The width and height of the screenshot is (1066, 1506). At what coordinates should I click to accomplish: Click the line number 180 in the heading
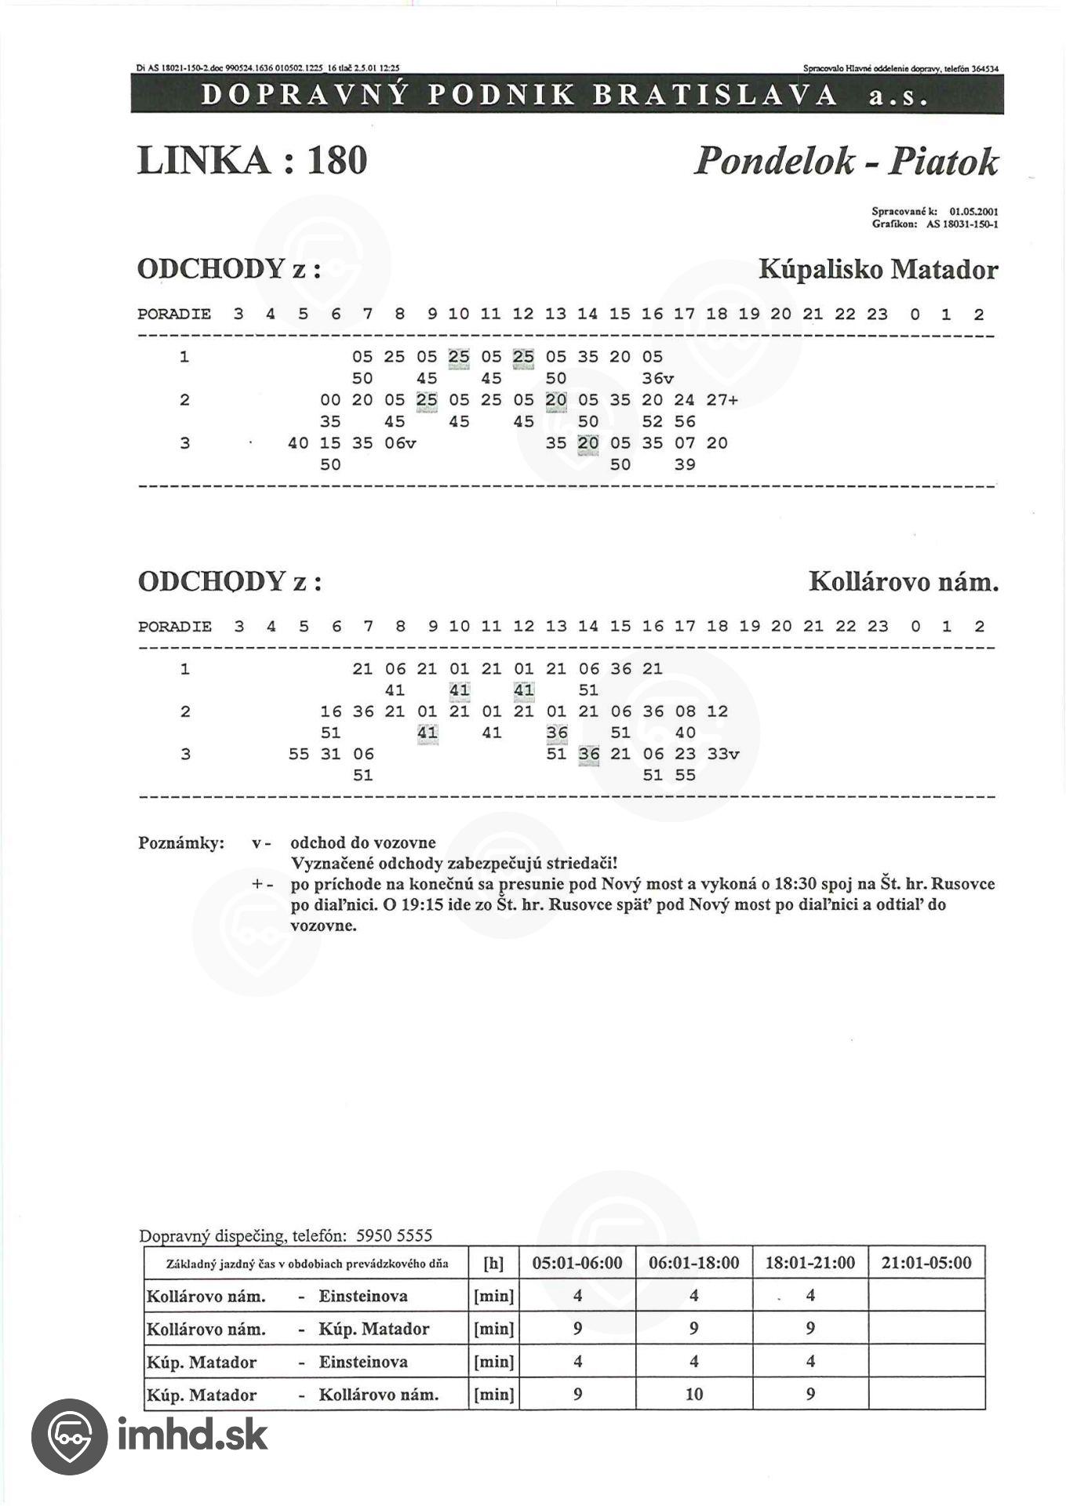(x=337, y=161)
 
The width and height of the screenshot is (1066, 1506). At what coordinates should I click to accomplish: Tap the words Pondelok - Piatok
(x=846, y=162)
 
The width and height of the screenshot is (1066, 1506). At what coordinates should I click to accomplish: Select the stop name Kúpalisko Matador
(x=878, y=270)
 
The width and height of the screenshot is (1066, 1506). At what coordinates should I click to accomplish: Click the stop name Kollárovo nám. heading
(x=903, y=582)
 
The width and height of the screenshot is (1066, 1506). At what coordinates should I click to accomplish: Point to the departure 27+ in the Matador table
(x=722, y=400)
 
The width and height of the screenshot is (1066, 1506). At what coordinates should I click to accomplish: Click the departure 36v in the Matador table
(x=657, y=378)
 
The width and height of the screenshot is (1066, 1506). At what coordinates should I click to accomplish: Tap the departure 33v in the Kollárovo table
(x=722, y=754)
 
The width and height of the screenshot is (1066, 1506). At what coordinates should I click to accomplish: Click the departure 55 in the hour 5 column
(x=298, y=754)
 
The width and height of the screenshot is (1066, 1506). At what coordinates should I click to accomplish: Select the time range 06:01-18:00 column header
(x=693, y=1263)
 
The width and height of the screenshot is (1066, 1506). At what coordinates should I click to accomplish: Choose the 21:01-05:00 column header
(x=926, y=1263)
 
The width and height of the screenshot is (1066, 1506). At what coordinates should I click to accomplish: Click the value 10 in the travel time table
(x=693, y=1395)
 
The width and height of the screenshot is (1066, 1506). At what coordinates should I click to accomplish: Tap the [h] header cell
(x=494, y=1264)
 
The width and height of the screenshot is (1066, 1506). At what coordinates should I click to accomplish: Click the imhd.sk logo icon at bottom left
(x=69, y=1436)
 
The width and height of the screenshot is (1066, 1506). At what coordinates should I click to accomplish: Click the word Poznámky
(x=181, y=843)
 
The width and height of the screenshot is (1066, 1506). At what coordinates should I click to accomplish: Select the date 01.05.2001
(x=973, y=211)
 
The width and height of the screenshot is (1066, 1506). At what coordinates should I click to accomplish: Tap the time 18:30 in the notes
(x=795, y=884)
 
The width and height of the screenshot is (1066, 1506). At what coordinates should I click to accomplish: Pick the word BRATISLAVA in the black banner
(x=715, y=95)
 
